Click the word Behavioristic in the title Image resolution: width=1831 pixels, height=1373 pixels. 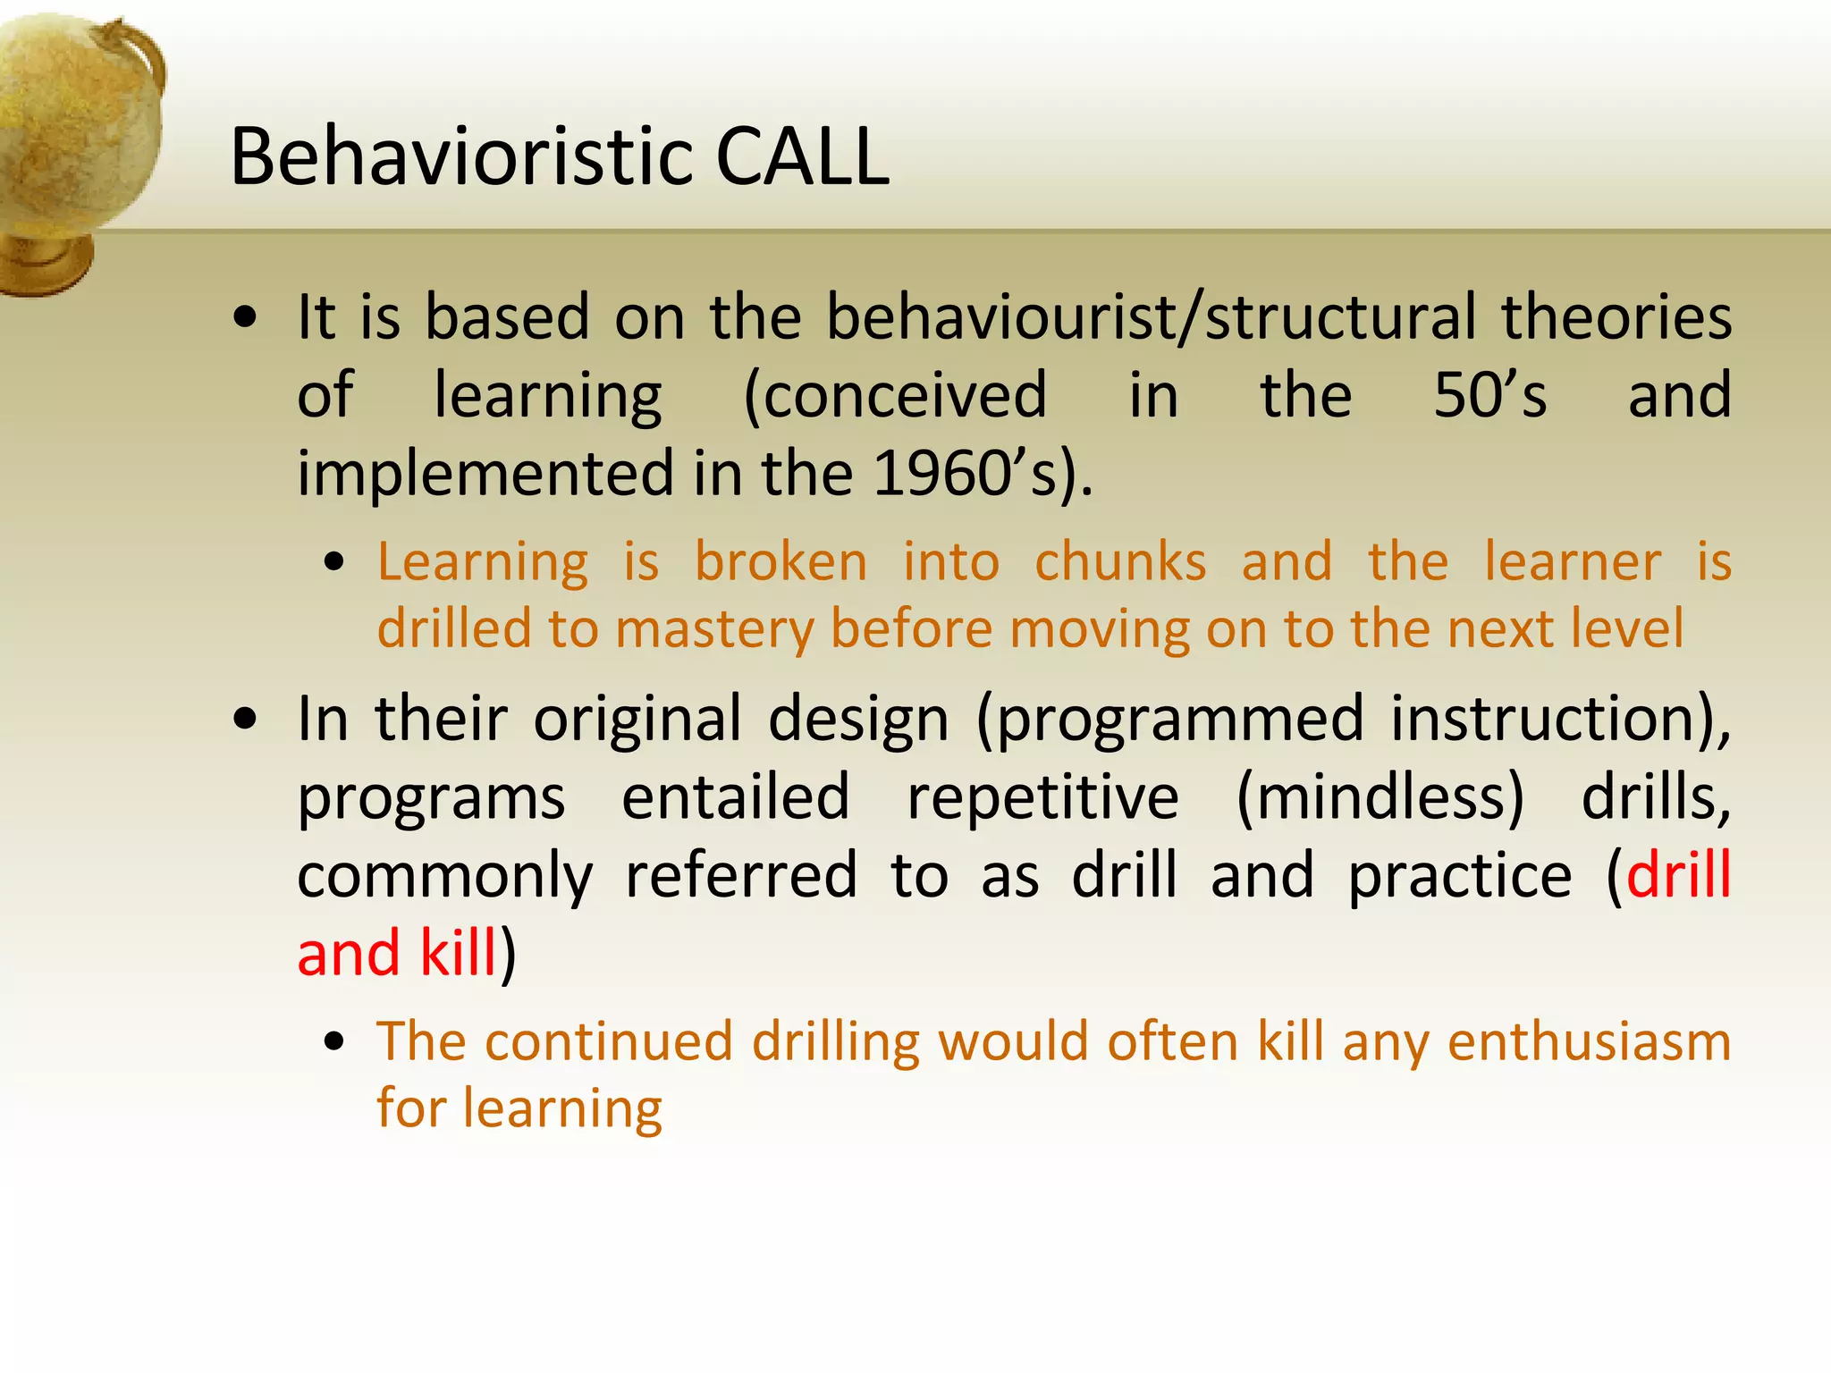(461, 157)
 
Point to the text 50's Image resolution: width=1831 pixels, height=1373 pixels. (1489, 396)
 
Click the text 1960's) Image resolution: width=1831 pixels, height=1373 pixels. (983, 474)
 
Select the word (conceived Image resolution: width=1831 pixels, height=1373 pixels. (895, 396)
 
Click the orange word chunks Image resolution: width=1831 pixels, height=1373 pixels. (1120, 563)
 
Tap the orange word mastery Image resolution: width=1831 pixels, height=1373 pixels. (714, 629)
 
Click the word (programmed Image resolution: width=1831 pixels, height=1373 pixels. (1170, 720)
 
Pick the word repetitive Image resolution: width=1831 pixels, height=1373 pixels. (1042, 797)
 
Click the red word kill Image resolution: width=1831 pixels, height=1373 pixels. (458, 953)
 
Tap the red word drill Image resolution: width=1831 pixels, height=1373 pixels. (1678, 875)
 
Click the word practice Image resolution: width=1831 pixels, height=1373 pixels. (1459, 875)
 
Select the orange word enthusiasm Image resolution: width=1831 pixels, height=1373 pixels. (1589, 1043)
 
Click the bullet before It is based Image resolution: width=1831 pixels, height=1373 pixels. (245, 319)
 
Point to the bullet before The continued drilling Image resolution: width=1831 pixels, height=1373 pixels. (334, 1042)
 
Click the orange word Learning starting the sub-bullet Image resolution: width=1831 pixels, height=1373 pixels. (483, 563)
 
